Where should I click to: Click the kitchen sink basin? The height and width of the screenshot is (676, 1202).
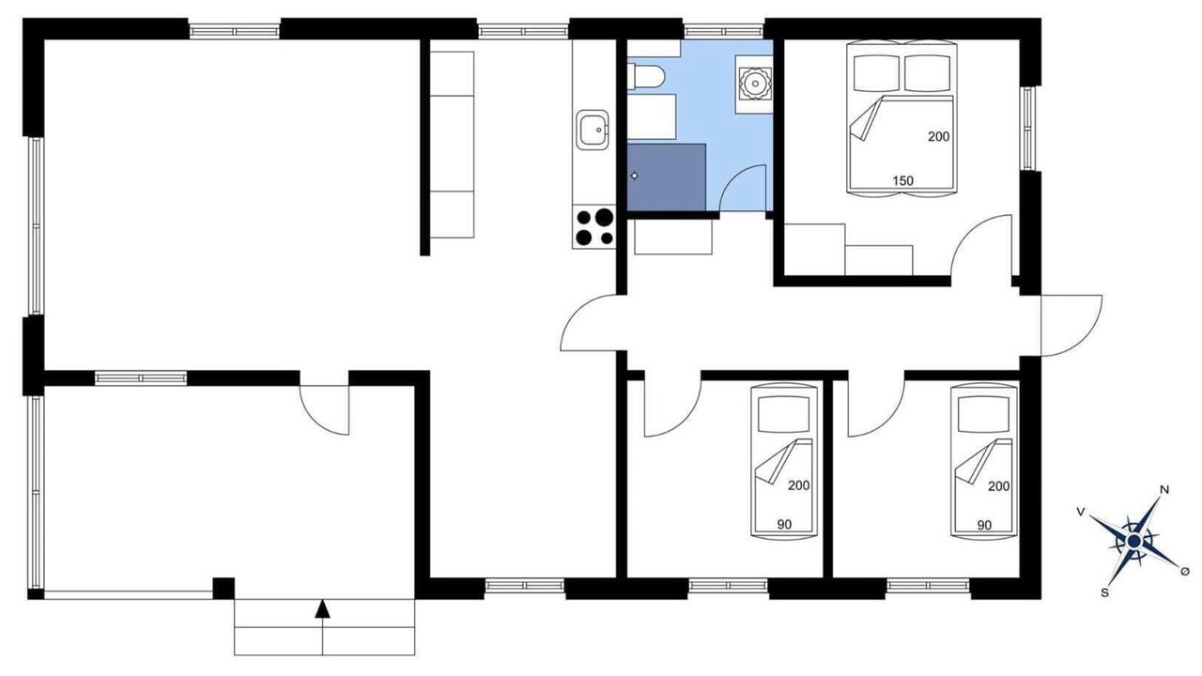point(593,130)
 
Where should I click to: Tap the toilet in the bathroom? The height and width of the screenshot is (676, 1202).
point(646,77)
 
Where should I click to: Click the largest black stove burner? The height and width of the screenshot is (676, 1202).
point(604,217)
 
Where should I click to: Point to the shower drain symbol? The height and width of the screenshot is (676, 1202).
point(634,176)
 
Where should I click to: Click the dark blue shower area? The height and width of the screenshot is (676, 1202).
point(667,177)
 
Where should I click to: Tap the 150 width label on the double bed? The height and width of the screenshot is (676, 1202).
point(903,181)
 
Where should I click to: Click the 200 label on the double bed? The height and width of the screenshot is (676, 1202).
point(938,137)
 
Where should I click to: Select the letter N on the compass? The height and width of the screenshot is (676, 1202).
point(1164,490)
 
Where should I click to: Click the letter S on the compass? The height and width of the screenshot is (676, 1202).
point(1104,592)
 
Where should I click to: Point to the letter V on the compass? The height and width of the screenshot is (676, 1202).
point(1081,513)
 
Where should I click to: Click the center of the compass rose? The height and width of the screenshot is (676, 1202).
point(1133,542)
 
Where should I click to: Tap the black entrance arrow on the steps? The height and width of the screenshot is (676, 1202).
point(322,609)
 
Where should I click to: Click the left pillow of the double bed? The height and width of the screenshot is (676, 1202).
point(876,73)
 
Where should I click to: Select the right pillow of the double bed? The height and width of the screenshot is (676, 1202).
point(929,73)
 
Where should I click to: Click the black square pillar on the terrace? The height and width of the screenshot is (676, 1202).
point(223,588)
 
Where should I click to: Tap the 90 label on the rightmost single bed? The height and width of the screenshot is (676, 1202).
point(984,525)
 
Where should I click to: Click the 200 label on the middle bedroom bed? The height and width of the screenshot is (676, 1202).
point(798,485)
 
